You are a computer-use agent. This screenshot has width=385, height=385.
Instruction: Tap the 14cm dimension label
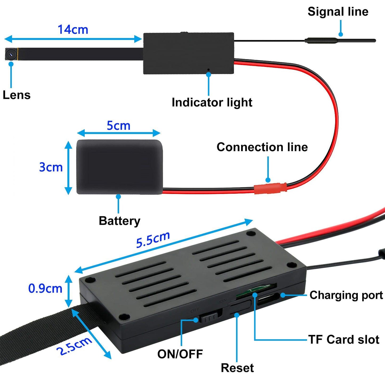click(x=73, y=30)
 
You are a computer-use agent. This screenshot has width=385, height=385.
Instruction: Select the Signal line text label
click(x=338, y=12)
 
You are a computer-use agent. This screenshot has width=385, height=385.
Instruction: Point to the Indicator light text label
click(x=212, y=103)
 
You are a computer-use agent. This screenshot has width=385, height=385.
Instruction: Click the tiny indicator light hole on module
click(x=208, y=70)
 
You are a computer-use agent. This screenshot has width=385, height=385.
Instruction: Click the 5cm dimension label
click(x=118, y=126)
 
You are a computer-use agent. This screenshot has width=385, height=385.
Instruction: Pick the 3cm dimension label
click(x=51, y=167)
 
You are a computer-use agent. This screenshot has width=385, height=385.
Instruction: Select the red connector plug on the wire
click(x=270, y=188)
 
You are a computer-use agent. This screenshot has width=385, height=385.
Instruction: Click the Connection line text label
click(x=262, y=147)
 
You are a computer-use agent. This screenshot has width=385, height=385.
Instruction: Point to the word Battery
click(x=119, y=221)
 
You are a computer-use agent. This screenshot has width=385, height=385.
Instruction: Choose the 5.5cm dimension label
click(x=153, y=240)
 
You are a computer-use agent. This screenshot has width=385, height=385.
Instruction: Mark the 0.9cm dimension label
click(x=45, y=289)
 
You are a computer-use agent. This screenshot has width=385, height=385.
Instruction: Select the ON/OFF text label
click(x=180, y=354)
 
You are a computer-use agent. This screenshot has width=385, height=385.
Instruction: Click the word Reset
click(x=237, y=368)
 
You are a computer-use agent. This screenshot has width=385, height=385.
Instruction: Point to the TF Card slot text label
click(x=344, y=340)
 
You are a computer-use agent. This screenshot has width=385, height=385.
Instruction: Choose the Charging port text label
click(x=346, y=295)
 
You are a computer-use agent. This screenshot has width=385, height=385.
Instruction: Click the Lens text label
click(x=17, y=95)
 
